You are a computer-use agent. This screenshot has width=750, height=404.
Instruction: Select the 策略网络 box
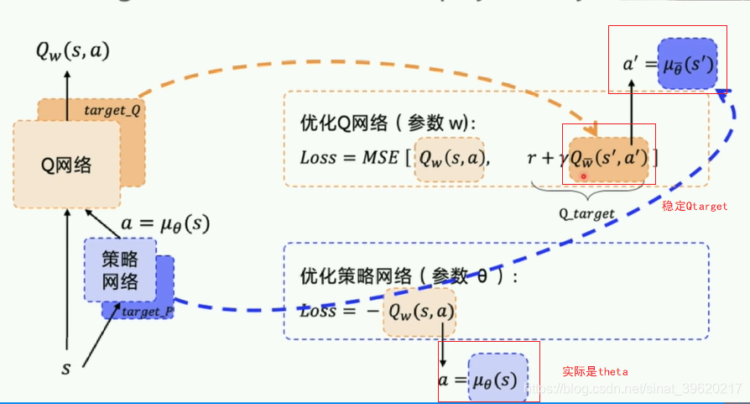118,270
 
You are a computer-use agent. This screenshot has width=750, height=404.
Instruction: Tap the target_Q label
112,111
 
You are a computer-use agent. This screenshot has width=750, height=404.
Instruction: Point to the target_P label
147,312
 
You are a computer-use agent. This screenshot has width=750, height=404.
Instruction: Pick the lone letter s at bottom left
65,369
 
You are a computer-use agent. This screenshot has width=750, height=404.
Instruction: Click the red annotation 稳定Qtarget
695,206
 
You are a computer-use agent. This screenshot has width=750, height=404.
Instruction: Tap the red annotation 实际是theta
595,371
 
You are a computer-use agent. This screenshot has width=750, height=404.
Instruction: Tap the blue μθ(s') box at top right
687,64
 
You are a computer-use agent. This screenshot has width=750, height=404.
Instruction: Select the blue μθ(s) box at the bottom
497,380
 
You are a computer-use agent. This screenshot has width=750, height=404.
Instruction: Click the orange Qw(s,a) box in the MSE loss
451,158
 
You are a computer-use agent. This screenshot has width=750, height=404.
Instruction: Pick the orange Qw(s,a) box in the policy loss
419,312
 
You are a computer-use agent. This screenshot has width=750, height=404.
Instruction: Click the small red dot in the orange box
583,176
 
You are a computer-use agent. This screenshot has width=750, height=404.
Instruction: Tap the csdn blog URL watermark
638,389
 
